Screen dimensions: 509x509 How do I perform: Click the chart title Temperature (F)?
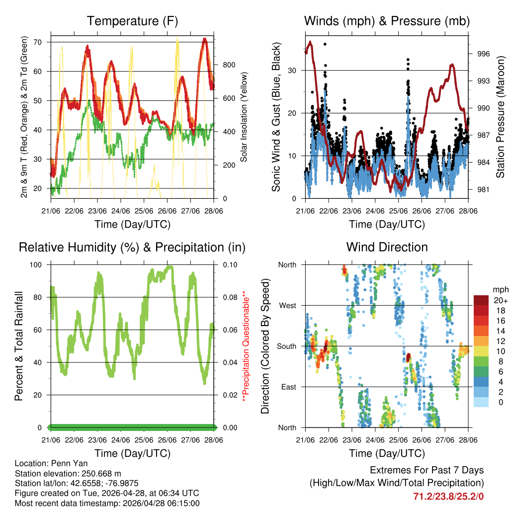point(132,21)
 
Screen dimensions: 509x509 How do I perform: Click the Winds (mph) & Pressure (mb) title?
point(387,21)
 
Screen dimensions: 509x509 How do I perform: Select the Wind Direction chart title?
point(387,247)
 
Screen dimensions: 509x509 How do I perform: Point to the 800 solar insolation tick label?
point(228,65)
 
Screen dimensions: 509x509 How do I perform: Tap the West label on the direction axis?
point(288,305)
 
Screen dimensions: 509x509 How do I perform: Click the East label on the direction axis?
point(289,387)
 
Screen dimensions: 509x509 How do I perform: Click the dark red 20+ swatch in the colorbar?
point(481,300)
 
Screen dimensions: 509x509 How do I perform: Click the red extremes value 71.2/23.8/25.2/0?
point(448,496)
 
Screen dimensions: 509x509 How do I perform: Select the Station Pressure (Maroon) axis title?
point(500,116)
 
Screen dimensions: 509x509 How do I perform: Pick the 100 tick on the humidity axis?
point(38,264)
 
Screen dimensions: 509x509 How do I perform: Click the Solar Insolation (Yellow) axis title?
point(244,116)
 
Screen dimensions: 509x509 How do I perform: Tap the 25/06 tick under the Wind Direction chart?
point(398,440)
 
